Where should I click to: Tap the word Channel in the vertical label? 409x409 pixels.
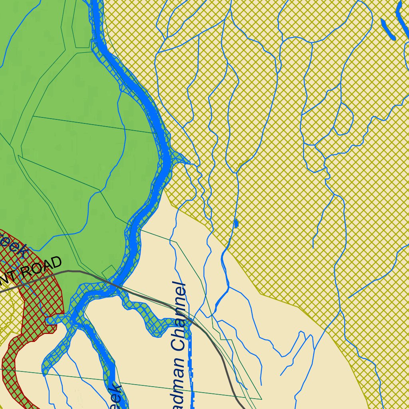pos(178,316)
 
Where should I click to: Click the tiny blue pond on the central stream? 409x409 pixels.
pos(236,223)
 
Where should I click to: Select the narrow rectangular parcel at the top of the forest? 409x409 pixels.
pos(82,24)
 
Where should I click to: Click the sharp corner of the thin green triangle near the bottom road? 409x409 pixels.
pos(261,399)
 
